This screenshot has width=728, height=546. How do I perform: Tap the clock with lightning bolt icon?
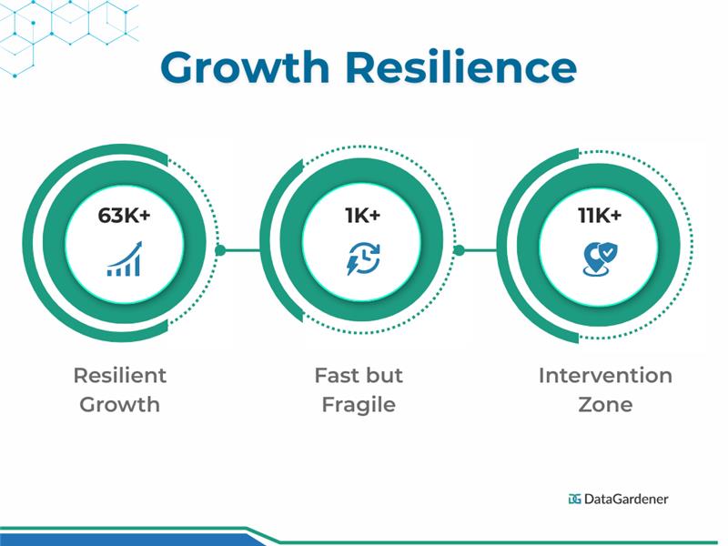pyautogui.click(x=363, y=260)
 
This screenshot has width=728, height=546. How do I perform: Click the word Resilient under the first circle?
pyautogui.click(x=120, y=375)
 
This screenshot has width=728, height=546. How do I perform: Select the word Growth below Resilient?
pyautogui.click(x=120, y=405)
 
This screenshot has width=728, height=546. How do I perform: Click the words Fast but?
pyautogui.click(x=359, y=375)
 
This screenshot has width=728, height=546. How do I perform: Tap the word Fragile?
pyautogui.click(x=359, y=405)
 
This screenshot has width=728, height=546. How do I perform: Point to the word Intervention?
pyautogui.click(x=605, y=375)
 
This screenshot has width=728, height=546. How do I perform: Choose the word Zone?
pyautogui.click(x=605, y=405)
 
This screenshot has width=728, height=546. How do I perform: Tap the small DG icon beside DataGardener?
pyautogui.click(x=574, y=499)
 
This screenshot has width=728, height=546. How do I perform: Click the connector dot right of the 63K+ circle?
pyautogui.click(x=219, y=249)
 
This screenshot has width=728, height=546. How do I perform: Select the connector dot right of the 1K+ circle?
pyautogui.click(x=459, y=249)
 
